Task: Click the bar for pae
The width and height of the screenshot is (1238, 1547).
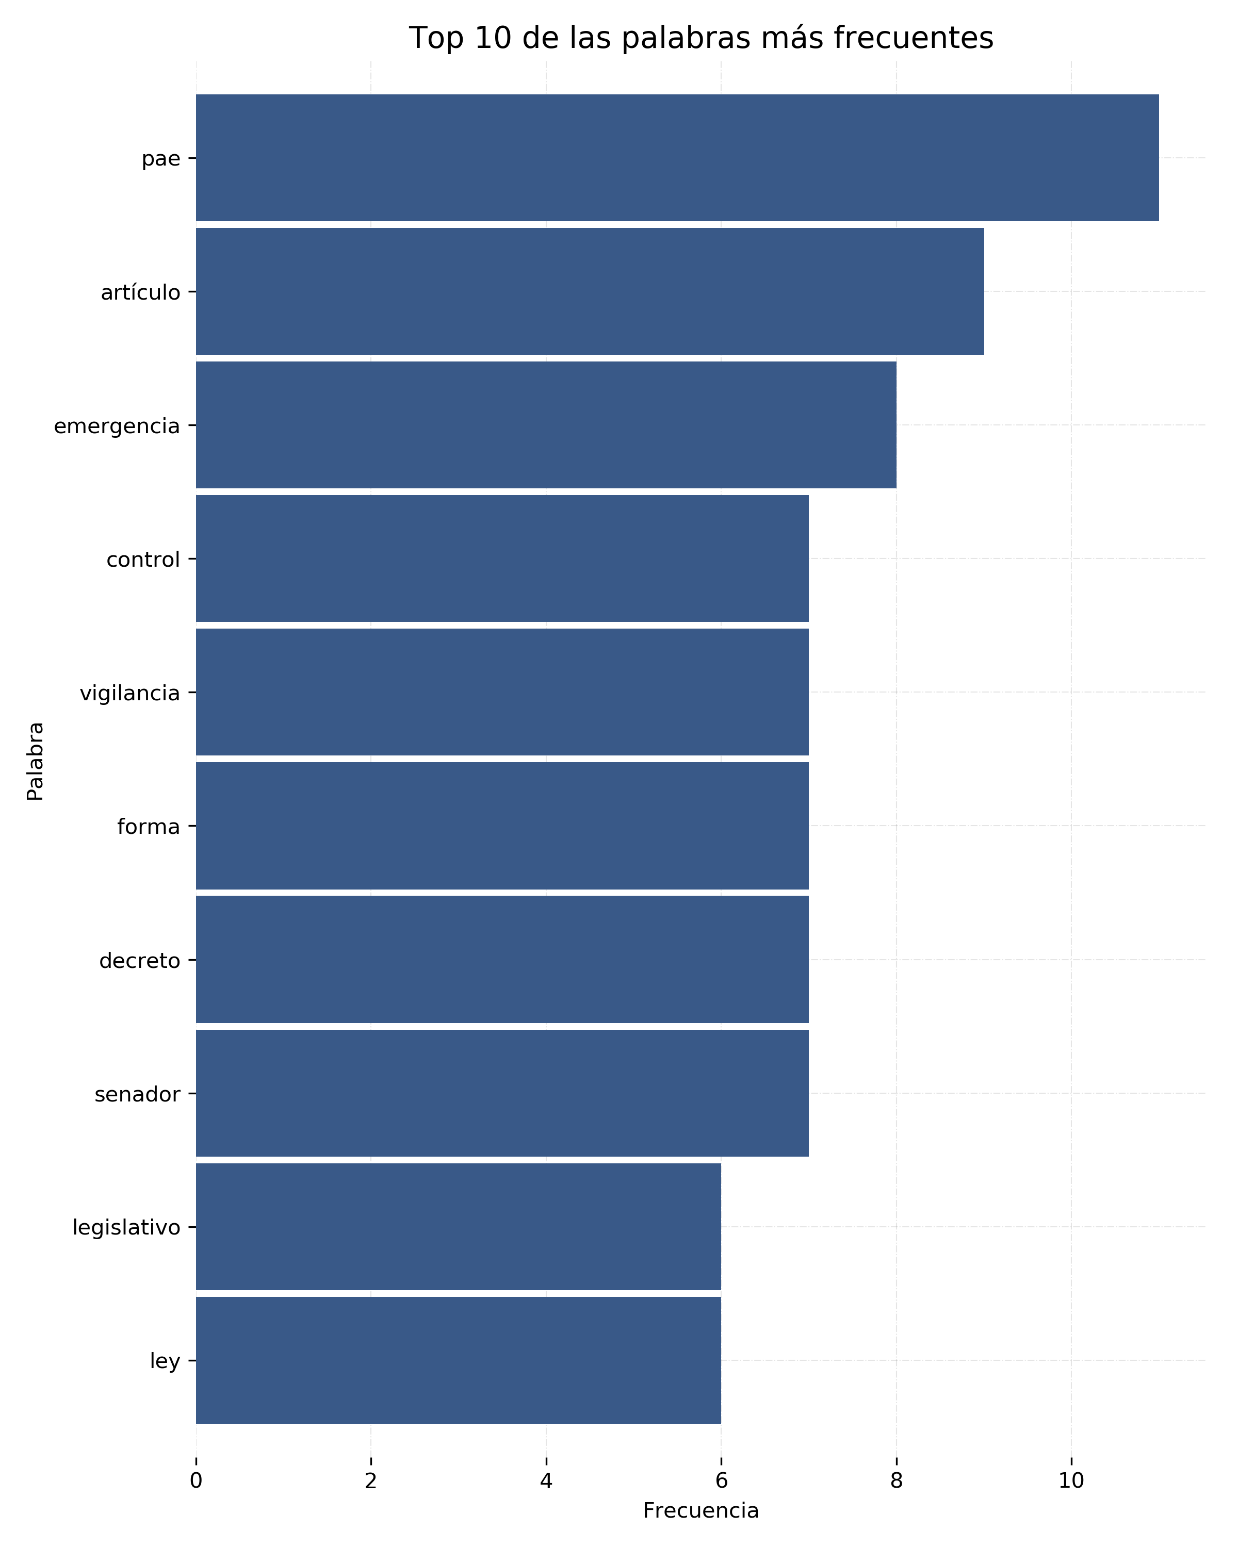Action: pos(677,158)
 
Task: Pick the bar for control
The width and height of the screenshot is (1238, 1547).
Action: pos(502,558)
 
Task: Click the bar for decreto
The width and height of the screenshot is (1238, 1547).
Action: pos(502,959)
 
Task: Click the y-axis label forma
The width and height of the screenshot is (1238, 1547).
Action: pos(148,827)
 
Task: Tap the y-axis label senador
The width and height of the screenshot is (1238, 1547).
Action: pos(137,1094)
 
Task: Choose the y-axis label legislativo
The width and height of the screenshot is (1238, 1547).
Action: pos(126,1228)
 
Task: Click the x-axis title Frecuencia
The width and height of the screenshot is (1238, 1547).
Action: pos(701,1510)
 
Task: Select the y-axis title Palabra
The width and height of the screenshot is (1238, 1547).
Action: pos(35,761)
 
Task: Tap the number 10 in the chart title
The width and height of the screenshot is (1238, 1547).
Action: pos(494,38)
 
